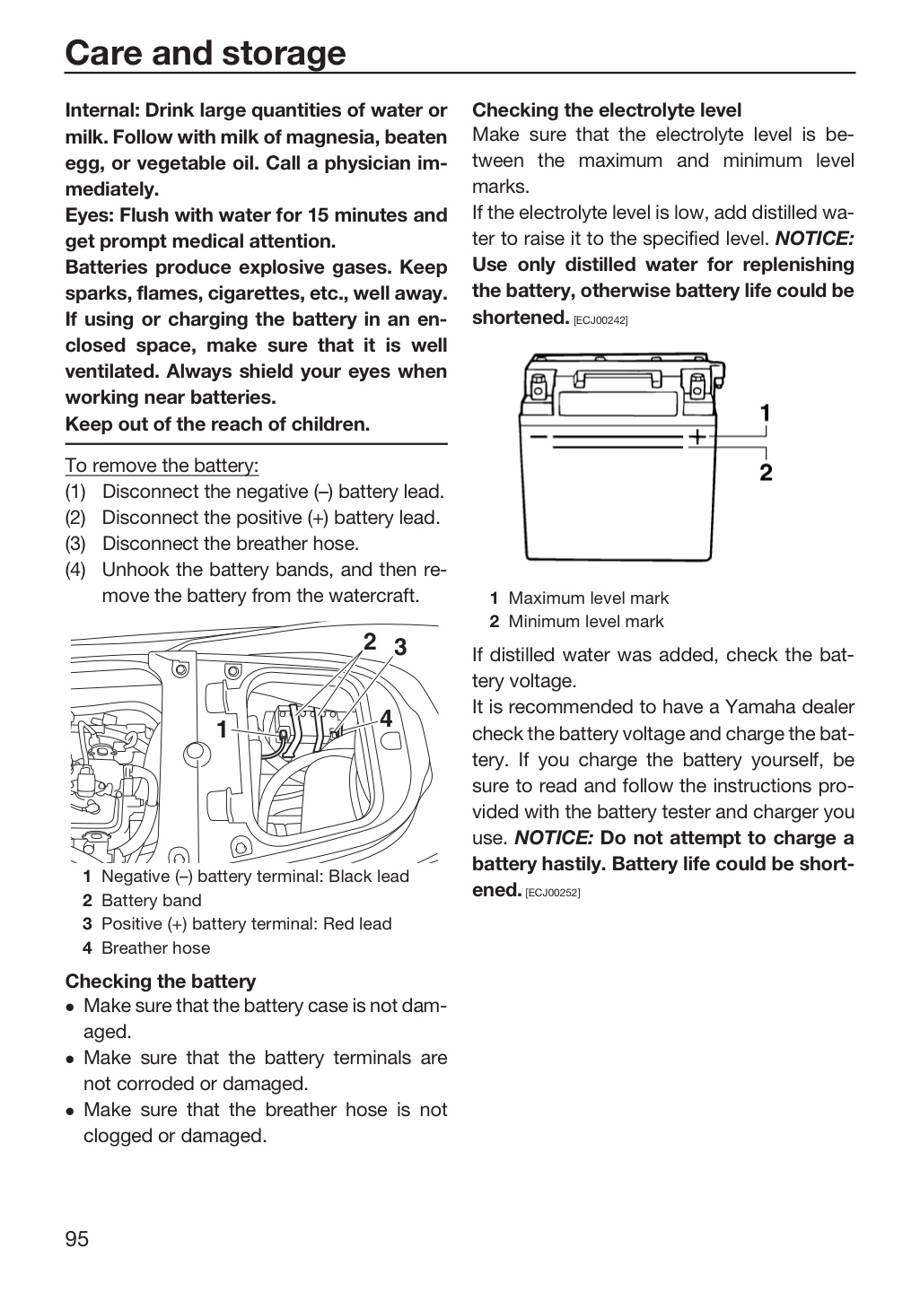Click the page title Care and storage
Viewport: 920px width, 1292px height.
point(206,53)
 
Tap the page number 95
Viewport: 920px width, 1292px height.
point(77,1238)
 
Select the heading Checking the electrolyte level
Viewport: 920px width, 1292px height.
point(607,109)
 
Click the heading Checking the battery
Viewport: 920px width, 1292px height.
point(161,981)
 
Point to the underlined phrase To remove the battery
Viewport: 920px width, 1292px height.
point(162,465)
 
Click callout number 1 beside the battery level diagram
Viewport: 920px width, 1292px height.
point(766,413)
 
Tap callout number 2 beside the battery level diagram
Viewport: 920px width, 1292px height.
point(766,472)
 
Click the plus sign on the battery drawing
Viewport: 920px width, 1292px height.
point(697,437)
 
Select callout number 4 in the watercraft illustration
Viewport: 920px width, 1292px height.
point(386,719)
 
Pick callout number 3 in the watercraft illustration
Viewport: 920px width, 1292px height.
point(400,647)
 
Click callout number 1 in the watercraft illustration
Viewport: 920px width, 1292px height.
point(223,729)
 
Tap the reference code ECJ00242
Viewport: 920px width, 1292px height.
point(600,320)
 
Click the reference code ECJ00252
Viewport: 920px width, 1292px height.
point(553,893)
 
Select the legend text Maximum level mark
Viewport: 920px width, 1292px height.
point(588,598)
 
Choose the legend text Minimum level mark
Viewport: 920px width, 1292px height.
point(586,621)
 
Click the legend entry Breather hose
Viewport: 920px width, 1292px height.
point(156,947)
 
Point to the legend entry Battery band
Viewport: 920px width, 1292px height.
point(151,901)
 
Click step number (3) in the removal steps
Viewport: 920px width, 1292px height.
point(75,544)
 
